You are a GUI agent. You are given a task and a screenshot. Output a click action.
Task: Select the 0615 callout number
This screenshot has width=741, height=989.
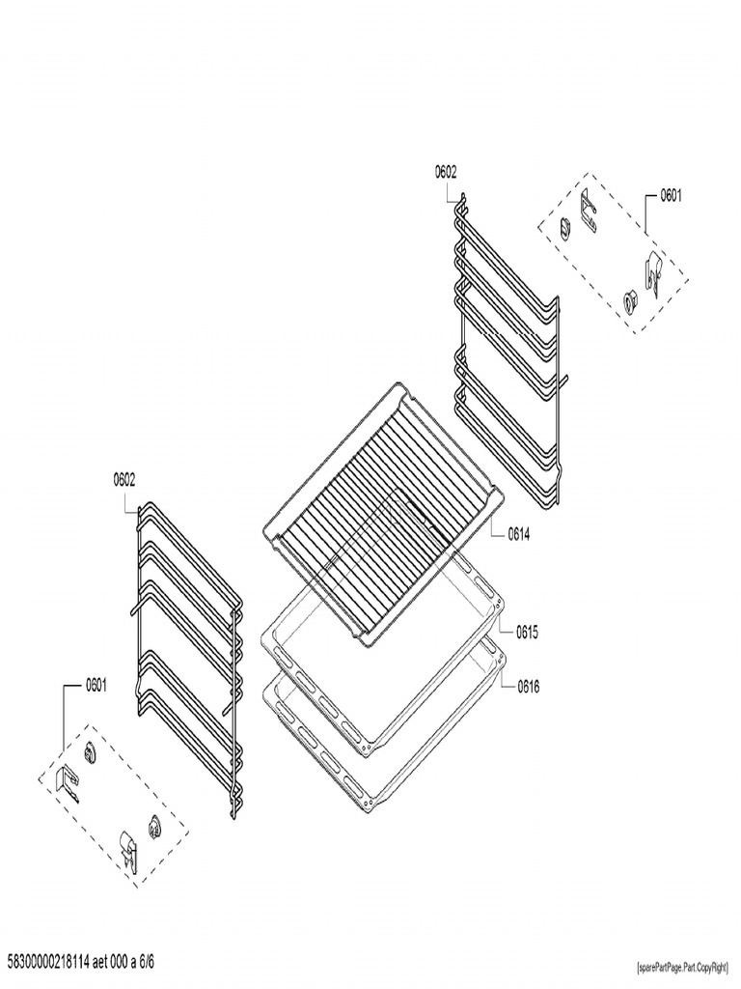click(527, 633)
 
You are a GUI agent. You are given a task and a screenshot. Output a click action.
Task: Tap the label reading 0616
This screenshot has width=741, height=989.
click(527, 688)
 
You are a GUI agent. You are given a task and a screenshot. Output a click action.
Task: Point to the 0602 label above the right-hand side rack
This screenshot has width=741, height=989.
click(445, 172)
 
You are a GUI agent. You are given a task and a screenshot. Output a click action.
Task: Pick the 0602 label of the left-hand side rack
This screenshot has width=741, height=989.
click(123, 478)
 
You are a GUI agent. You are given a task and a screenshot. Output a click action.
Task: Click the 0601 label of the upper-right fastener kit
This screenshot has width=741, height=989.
click(671, 196)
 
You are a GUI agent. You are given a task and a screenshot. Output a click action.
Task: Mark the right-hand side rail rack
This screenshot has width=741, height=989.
click(507, 348)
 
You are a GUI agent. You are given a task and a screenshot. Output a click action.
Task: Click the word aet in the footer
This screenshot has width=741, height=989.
click(108, 962)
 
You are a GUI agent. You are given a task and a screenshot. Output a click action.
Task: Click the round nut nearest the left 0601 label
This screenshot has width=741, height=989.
click(92, 752)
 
